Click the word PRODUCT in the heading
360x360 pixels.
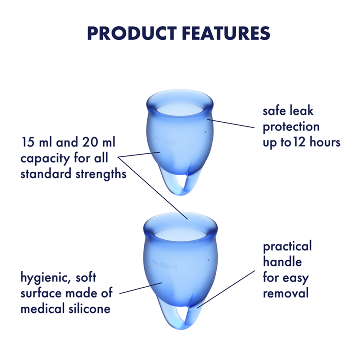click(x=132, y=33)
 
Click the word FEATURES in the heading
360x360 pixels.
click(x=226, y=33)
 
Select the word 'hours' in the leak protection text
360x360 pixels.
click(x=325, y=142)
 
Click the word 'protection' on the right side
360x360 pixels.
click(x=291, y=127)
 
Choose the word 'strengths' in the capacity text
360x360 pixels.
click(x=101, y=174)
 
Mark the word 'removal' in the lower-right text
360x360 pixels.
click(x=286, y=293)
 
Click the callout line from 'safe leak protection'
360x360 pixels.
click(x=231, y=123)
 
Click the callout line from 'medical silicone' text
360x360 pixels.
click(x=141, y=288)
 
